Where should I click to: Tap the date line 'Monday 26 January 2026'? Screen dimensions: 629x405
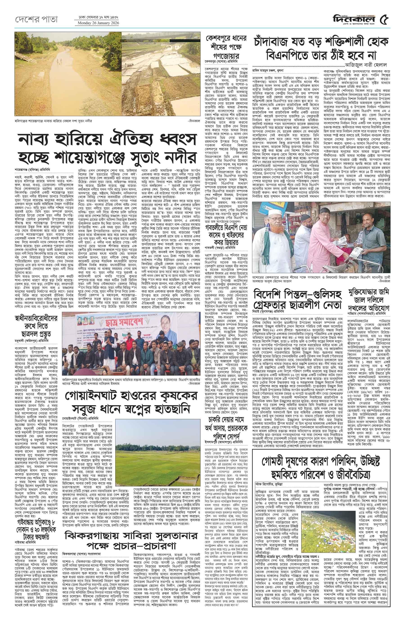(97, 23)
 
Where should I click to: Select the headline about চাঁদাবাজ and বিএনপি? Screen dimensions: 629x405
(321, 49)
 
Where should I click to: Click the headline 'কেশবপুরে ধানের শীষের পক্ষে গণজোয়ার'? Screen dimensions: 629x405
(226, 47)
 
